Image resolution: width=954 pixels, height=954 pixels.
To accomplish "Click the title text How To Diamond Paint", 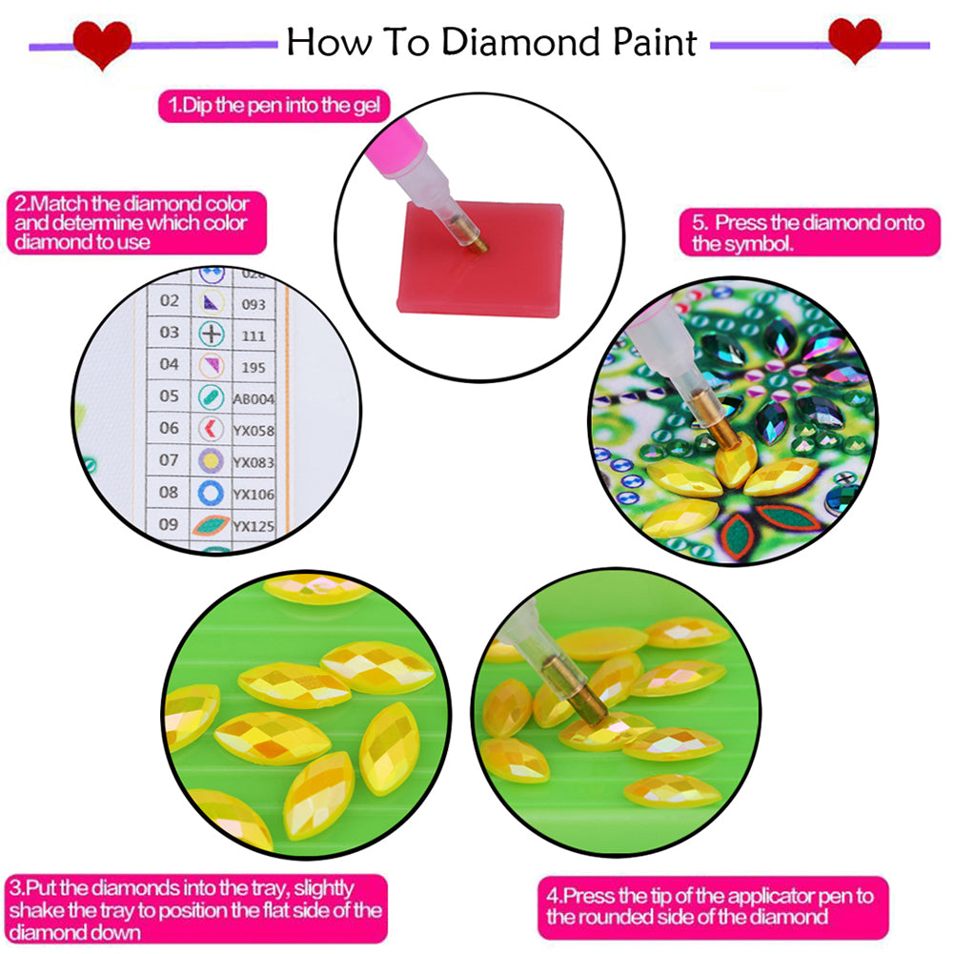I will pos(491,42).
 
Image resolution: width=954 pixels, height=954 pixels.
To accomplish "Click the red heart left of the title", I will pos(103,43).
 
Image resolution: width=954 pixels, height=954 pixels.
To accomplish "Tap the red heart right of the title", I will pos(854,40).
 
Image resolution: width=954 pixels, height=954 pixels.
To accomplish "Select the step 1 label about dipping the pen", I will pos(274,106).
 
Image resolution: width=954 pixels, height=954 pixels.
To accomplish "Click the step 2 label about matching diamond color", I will pos(133,223).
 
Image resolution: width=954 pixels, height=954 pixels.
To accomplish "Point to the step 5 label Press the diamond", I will pos(808,233).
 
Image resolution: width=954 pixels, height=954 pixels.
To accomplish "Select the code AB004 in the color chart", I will pos(253,399).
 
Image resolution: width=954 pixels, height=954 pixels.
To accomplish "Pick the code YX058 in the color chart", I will pos(254,431).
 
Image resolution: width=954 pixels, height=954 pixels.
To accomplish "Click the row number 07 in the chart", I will pos(169,460).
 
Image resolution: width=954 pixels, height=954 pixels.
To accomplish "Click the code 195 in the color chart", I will pos(252,367).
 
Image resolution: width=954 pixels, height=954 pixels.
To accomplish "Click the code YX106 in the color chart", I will pos(254,494).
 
